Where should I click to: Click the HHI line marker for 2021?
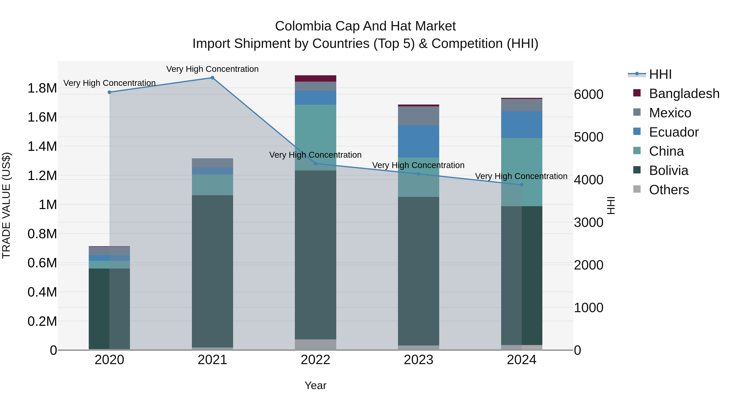(212, 78)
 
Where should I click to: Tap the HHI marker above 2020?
(109, 92)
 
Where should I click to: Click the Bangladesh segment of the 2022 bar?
(315, 79)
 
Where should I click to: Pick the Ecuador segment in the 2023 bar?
(418, 141)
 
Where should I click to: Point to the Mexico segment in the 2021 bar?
(212, 163)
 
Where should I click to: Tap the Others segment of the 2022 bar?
(315, 345)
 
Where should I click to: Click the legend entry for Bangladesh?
(684, 94)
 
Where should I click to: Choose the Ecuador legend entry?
(674, 132)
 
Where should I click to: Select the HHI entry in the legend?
(660, 74)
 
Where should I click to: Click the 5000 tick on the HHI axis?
(588, 137)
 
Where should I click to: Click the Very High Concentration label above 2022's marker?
(315, 155)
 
